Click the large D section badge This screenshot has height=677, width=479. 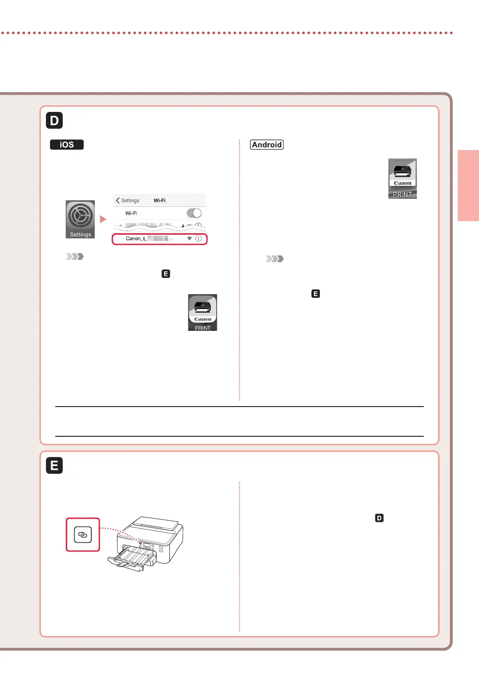click(x=54, y=120)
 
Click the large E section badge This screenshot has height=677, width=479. click(x=54, y=465)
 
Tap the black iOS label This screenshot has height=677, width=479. click(x=67, y=145)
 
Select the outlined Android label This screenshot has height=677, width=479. click(x=267, y=145)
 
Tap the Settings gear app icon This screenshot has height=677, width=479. click(x=80, y=219)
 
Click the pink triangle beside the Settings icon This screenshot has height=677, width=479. click(x=103, y=219)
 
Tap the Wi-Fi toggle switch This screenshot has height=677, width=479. click(x=194, y=213)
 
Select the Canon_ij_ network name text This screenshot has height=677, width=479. click(x=136, y=238)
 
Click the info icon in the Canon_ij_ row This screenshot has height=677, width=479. click(x=198, y=238)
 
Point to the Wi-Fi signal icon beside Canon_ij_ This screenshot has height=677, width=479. click(x=189, y=238)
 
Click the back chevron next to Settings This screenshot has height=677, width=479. click(x=118, y=200)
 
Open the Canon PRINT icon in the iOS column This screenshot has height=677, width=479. click(x=202, y=313)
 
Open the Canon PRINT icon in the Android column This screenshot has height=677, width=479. click(x=402, y=178)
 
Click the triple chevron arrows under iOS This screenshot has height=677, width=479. click(x=75, y=256)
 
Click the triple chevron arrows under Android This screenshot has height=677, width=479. click(x=275, y=259)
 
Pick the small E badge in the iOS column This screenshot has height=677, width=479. click(x=166, y=274)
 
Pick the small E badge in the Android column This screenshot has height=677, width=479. click(x=316, y=294)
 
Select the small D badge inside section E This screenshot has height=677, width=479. click(x=379, y=518)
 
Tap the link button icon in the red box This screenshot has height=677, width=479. click(x=83, y=535)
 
